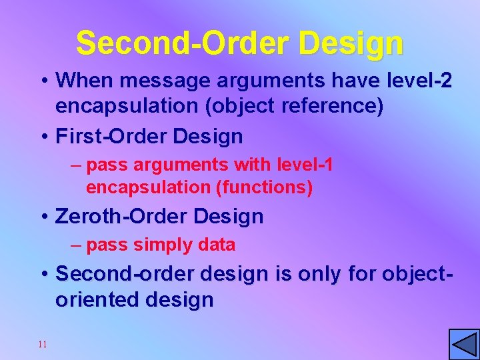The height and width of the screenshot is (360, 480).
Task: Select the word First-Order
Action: (x=111, y=137)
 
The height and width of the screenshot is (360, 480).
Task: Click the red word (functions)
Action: (x=265, y=188)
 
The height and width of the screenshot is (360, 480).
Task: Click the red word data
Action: (x=217, y=245)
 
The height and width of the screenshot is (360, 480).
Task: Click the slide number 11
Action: (x=43, y=345)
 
